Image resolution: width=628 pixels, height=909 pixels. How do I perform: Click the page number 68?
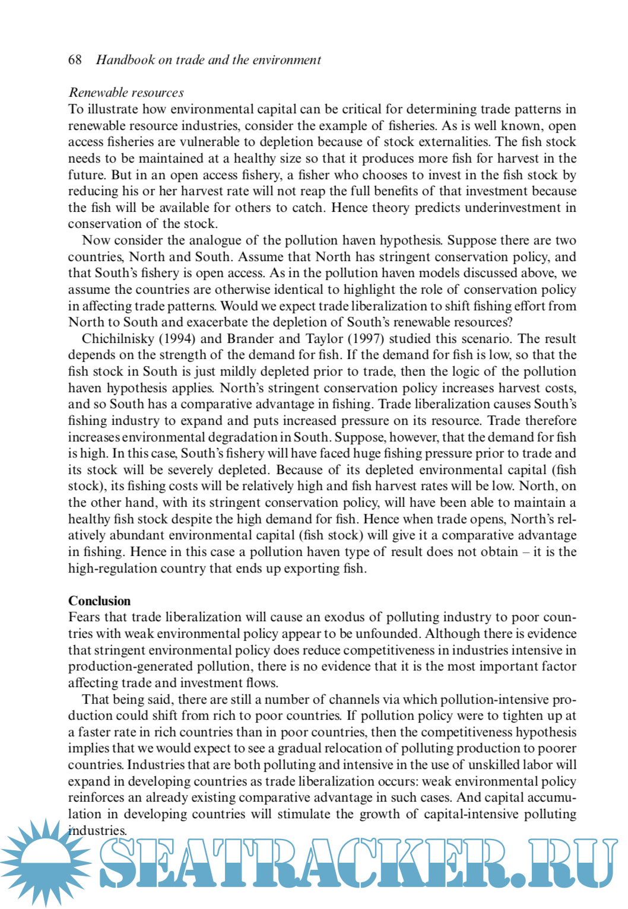(75, 59)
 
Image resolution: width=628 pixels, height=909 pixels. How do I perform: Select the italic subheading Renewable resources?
(126, 93)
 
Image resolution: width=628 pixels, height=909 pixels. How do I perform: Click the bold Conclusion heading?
(99, 600)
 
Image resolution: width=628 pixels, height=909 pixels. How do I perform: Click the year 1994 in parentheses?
(177, 339)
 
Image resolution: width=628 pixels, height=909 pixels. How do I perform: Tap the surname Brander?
(249, 339)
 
